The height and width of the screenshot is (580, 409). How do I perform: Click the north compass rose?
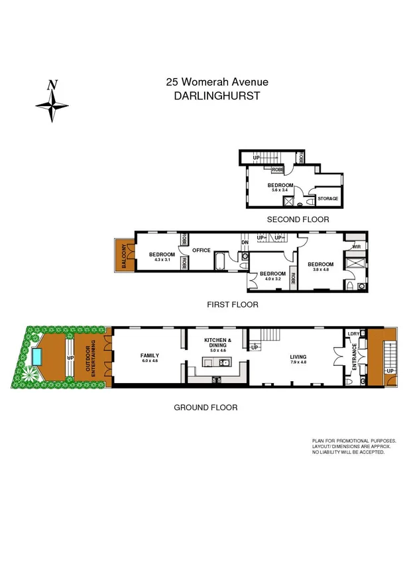coord(52,101)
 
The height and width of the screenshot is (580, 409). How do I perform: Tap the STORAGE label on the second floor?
coord(327,198)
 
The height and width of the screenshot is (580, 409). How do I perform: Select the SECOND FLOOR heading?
coord(298,219)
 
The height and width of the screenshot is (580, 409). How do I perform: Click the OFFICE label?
coord(202,250)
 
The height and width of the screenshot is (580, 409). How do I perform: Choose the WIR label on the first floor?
coord(356,247)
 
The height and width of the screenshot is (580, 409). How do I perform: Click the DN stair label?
coord(245,242)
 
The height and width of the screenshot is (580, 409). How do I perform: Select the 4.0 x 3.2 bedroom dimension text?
coord(272,280)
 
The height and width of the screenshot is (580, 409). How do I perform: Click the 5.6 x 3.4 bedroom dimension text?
coord(280,190)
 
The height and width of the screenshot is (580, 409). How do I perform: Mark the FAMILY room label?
coord(150,356)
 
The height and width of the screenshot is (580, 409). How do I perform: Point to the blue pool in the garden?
coord(38,358)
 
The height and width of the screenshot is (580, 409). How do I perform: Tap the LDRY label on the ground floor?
coord(353,333)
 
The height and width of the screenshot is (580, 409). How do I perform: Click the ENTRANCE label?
coord(354,357)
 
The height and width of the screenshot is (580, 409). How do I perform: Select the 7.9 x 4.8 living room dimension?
coord(298,363)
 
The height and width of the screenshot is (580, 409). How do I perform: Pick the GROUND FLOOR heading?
coord(205,408)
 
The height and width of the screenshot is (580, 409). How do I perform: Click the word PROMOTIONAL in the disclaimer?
coord(357,441)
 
